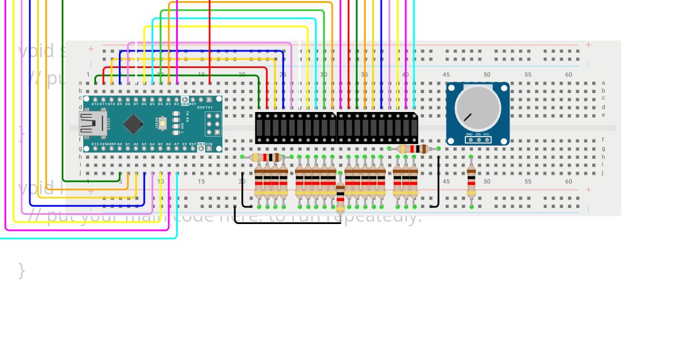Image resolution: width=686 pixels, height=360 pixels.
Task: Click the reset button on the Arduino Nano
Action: point(163,122)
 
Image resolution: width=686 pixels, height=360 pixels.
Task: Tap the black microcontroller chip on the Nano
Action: point(133,123)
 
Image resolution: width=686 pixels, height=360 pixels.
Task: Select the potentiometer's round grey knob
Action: point(477,108)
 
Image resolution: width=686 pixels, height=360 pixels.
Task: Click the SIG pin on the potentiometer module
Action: point(478,139)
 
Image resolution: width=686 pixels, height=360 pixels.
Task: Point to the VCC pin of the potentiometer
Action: point(487,139)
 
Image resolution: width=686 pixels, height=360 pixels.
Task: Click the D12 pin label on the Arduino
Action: point(95,104)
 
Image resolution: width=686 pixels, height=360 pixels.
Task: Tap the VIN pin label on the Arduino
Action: point(209,144)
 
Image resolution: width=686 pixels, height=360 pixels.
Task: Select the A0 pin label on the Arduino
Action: point(119,144)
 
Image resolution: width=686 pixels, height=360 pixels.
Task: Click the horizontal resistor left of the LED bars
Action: point(267,157)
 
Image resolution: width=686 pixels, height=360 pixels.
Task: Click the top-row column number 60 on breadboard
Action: point(568,75)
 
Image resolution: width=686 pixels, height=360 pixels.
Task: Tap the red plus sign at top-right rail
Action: point(588,45)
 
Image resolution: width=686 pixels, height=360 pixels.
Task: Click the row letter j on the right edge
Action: point(603,172)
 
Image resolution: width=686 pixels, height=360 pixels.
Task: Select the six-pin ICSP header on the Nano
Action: point(213,123)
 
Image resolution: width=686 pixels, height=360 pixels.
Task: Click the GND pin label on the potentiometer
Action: point(469,134)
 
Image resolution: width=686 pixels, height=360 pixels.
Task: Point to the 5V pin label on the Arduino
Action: point(184,144)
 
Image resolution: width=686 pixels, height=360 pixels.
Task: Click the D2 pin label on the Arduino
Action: point(177,104)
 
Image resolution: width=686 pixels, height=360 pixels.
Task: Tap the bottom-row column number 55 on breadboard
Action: point(528,182)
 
